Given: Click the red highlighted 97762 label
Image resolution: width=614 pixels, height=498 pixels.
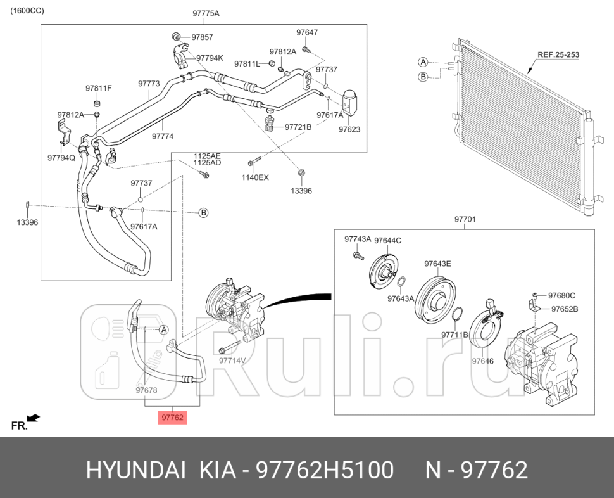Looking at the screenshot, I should click(x=172, y=417).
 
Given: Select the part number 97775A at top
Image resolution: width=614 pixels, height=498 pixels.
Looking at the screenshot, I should click(x=206, y=13).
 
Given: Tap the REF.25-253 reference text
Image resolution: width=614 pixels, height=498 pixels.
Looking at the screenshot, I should click(x=558, y=55).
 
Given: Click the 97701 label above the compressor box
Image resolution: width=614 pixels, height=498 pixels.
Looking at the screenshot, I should click(x=465, y=220).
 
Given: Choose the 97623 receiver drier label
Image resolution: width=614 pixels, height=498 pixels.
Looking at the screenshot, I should click(x=349, y=129).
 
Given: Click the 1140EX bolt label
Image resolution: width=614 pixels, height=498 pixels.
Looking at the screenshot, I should click(x=256, y=177).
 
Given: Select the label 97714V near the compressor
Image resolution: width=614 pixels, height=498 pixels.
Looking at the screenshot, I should click(x=232, y=360).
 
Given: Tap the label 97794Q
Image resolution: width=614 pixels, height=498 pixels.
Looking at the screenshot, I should click(x=61, y=157).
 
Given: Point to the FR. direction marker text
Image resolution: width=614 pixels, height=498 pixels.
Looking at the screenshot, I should click(x=20, y=426).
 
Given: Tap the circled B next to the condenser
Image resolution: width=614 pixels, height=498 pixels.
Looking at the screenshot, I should click(x=423, y=77).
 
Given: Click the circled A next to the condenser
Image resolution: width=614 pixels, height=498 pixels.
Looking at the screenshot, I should click(x=423, y=61).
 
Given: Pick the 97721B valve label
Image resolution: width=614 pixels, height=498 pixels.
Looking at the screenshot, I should click(x=298, y=127).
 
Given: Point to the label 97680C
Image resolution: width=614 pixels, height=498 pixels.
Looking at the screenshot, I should click(x=561, y=295).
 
